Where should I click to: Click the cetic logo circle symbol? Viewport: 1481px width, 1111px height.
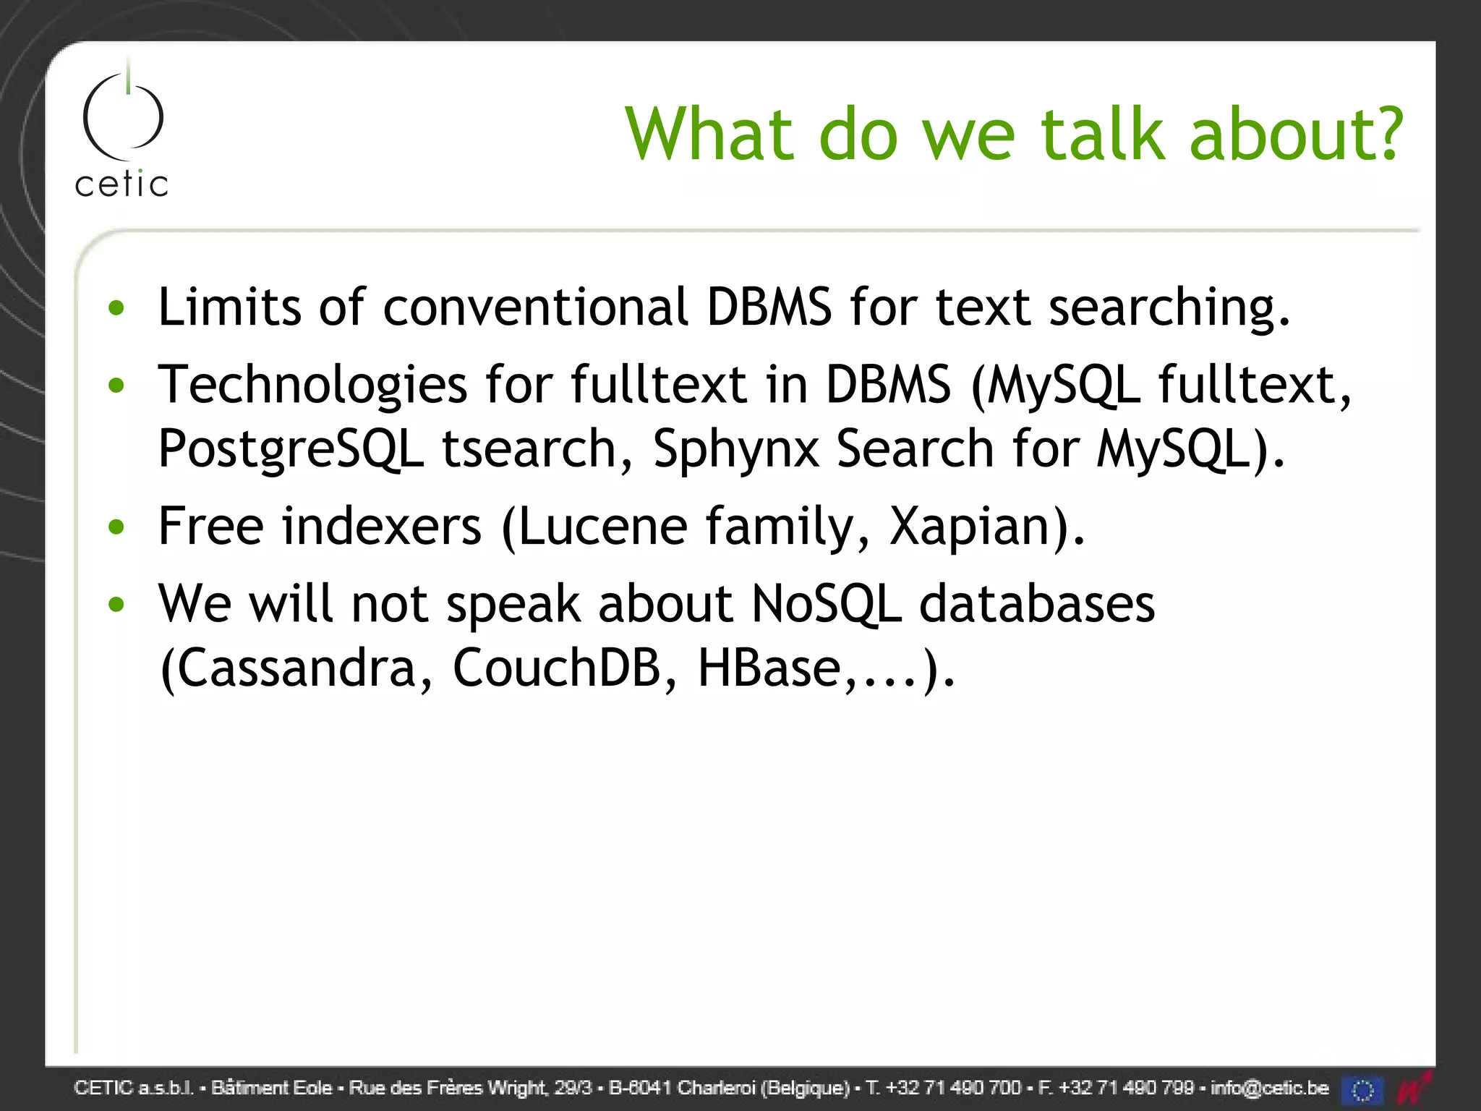(123, 116)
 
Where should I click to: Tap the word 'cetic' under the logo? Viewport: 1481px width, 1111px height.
(121, 184)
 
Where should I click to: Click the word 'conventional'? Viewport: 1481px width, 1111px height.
(535, 307)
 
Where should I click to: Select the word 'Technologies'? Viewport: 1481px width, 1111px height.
(312, 385)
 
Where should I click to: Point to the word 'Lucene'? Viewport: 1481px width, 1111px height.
(602, 526)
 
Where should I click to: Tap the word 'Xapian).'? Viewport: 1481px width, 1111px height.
(987, 526)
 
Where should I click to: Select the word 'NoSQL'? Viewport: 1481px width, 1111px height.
(827, 604)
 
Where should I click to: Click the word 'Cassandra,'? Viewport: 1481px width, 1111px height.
(296, 668)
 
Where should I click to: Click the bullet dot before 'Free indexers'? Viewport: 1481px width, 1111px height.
(116, 527)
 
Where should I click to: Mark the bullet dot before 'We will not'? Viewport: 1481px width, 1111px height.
(116, 603)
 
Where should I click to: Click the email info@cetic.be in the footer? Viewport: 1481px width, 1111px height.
(1269, 1087)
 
